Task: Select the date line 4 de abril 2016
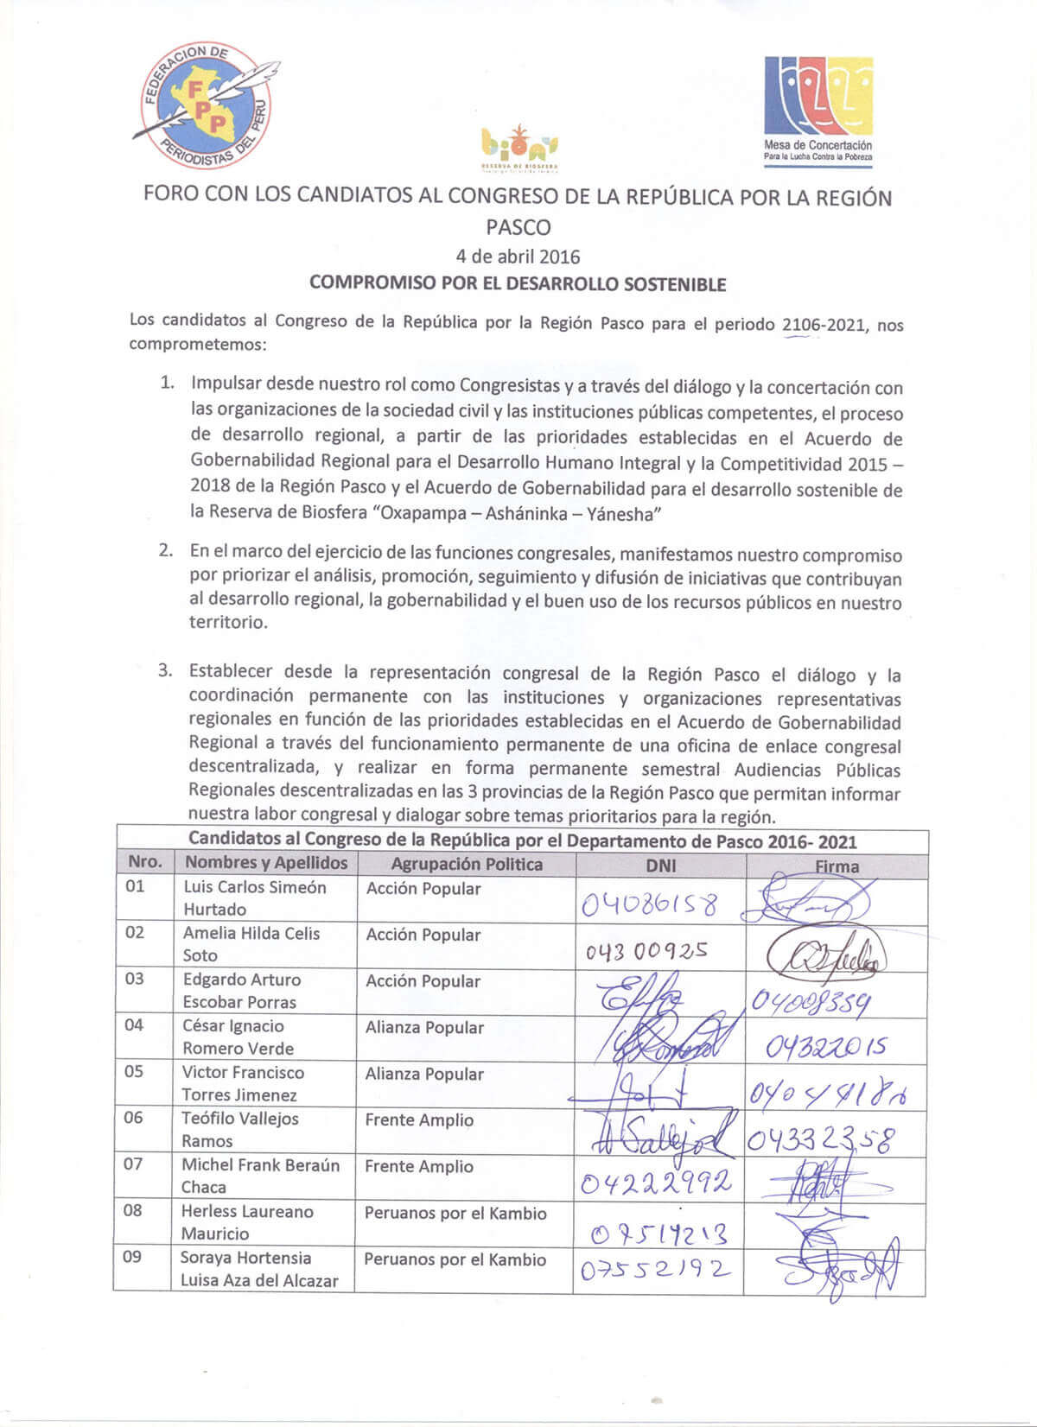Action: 518,256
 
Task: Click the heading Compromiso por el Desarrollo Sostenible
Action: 518,283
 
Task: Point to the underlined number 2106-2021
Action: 823,326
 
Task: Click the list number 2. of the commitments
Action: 167,551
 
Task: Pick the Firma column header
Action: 837,866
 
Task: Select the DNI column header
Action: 661,866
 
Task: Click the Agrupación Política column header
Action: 467,864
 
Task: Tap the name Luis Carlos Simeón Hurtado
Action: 254,898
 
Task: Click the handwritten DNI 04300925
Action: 646,951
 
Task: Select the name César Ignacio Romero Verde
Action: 238,1037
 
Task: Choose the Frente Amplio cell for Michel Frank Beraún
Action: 419,1166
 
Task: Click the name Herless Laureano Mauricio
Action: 246,1222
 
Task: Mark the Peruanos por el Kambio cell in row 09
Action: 455,1259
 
